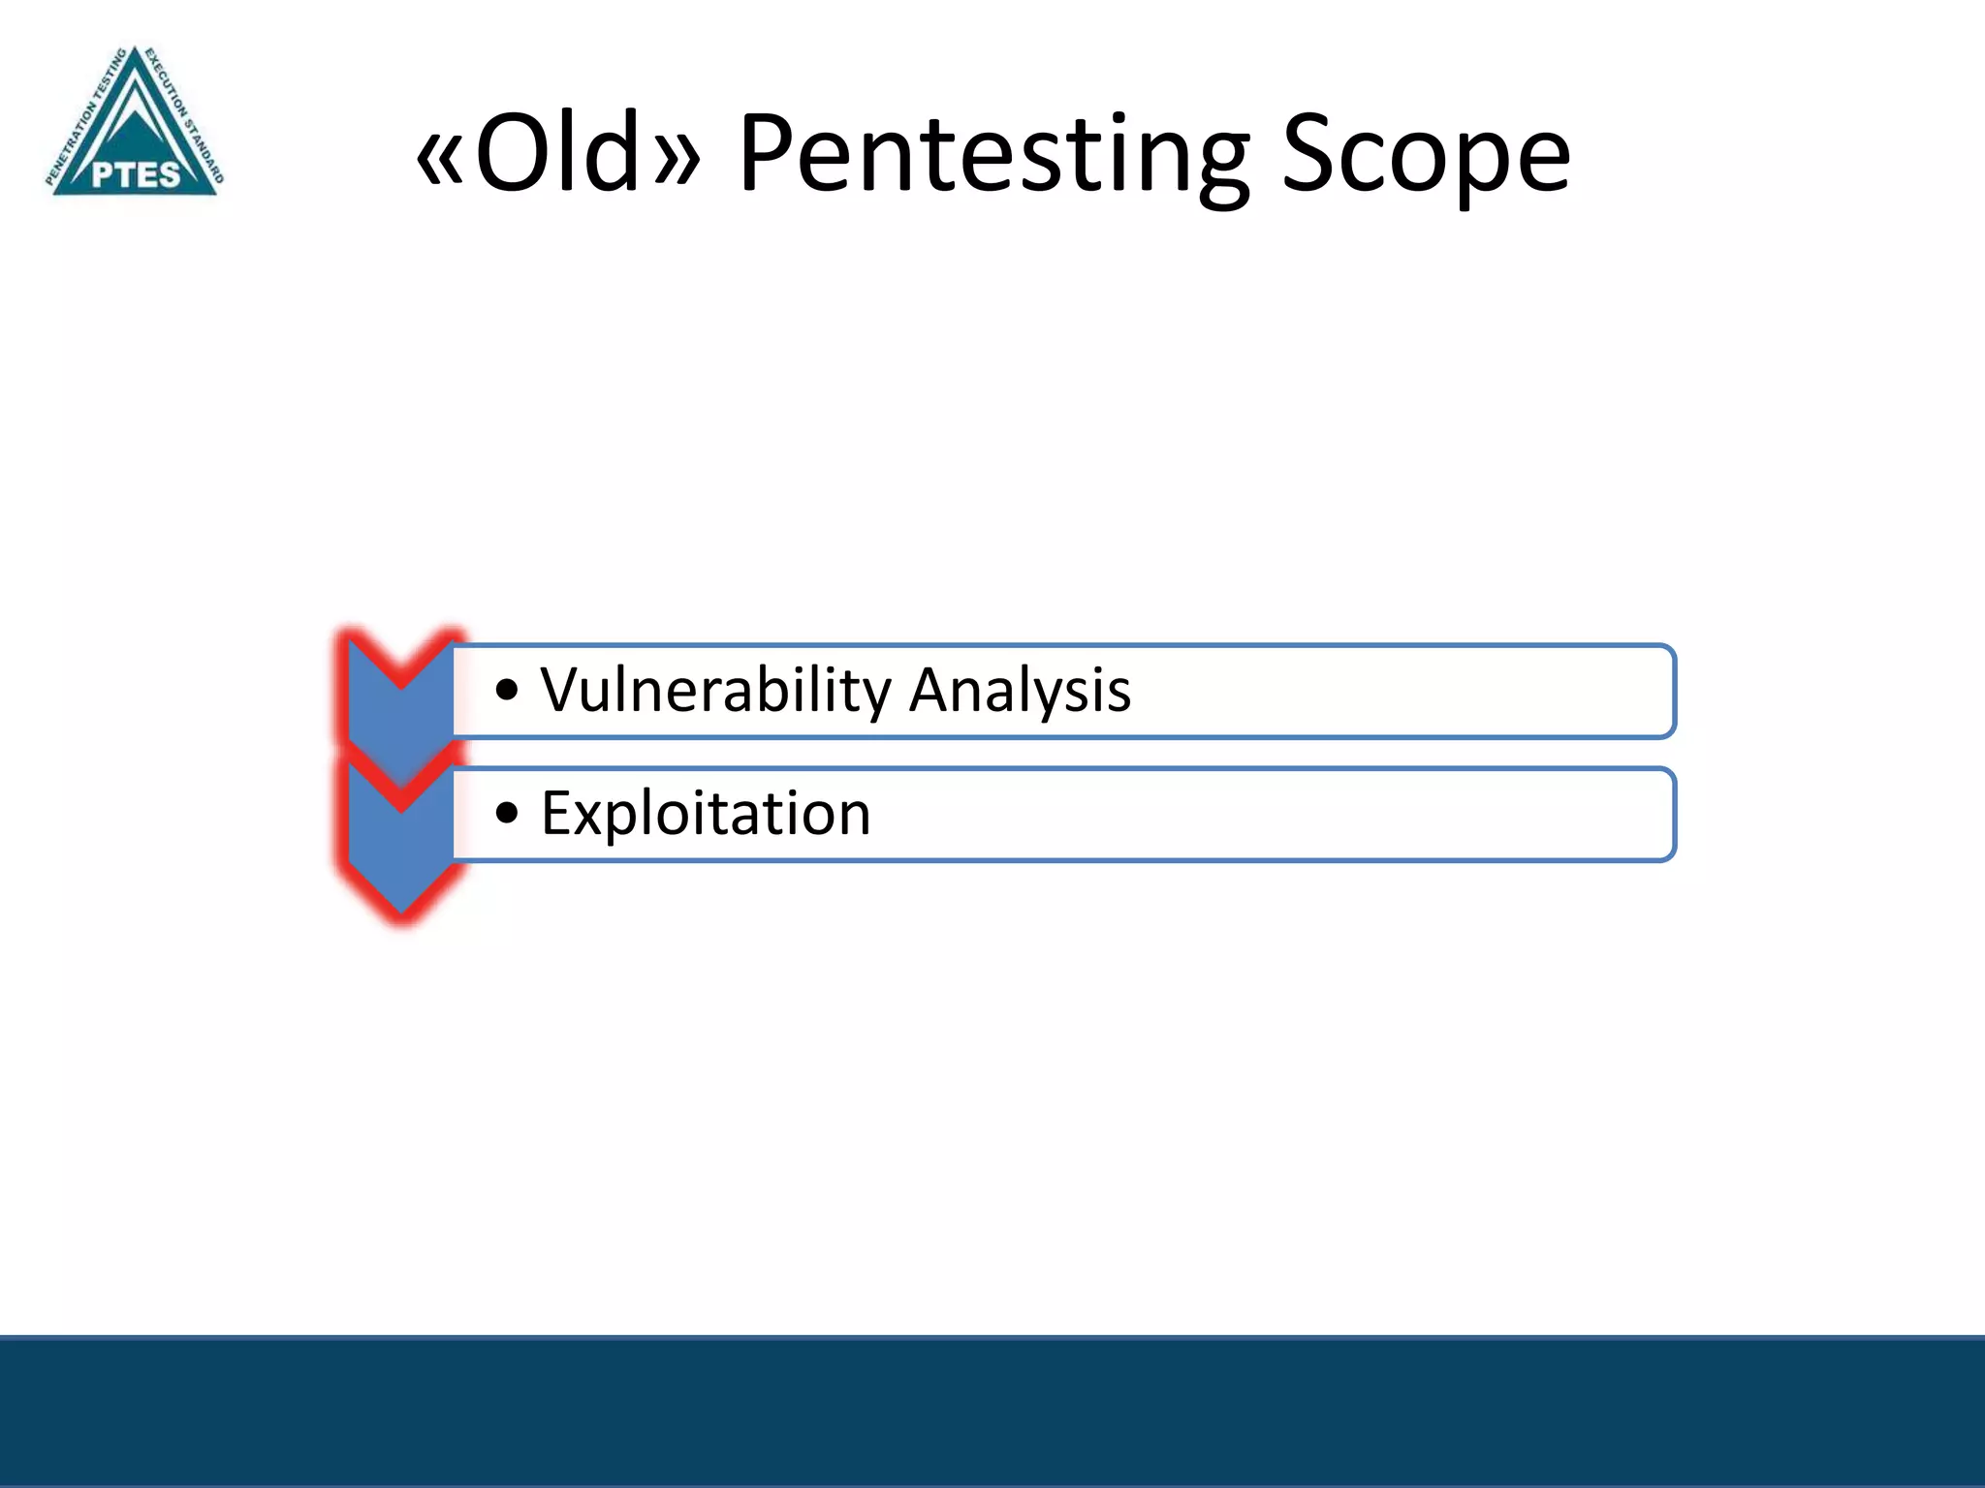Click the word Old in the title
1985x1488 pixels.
pos(556,153)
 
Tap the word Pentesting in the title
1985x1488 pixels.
pos(993,155)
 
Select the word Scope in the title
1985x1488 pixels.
pos(1425,155)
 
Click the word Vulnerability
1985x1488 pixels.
pos(715,690)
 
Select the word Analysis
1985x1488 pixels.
pos(1020,690)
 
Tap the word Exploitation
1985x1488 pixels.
pos(706,813)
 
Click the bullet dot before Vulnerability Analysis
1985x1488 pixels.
pos(507,691)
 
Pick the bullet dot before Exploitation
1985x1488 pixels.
pos(507,814)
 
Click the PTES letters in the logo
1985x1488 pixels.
pos(136,175)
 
